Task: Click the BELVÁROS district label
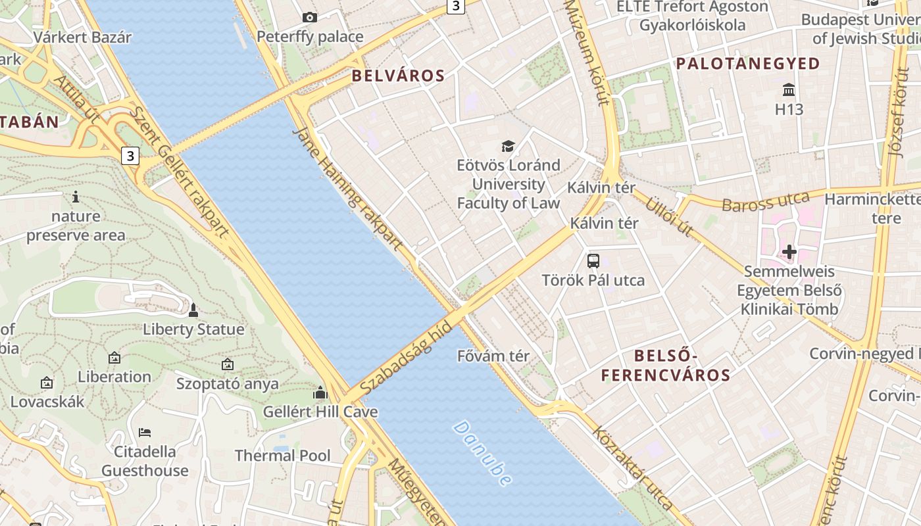point(398,76)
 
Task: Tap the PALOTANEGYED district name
point(748,64)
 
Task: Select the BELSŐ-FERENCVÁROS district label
point(665,366)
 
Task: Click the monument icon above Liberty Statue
point(193,310)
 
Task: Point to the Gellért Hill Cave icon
point(320,393)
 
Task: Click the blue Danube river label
point(482,454)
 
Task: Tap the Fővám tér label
point(493,356)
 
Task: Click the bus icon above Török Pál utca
point(593,260)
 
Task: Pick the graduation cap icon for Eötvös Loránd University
point(508,146)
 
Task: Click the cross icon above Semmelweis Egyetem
point(789,251)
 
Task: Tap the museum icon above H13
point(789,89)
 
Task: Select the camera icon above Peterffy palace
point(309,18)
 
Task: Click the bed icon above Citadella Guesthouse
point(145,433)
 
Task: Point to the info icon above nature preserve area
point(76,197)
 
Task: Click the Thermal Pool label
point(283,455)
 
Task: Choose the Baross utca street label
point(765,202)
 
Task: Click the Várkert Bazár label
point(82,37)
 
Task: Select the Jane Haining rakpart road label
point(347,189)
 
